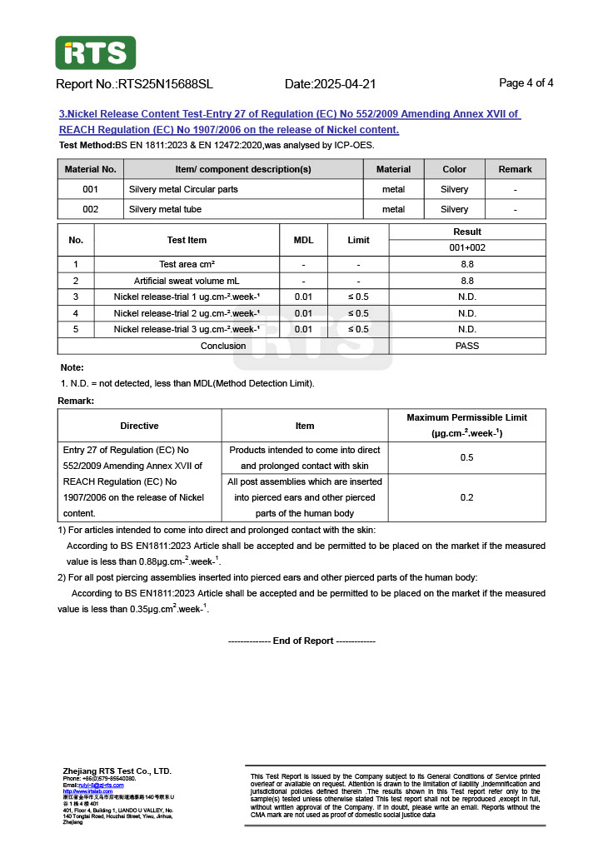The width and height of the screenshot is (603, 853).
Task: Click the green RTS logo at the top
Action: click(95, 52)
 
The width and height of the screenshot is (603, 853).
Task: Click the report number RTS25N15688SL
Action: click(166, 84)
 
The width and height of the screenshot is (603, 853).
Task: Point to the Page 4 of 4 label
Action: click(526, 83)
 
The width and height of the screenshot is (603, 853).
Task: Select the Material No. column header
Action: click(90, 169)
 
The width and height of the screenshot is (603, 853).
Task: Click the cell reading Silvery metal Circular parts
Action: click(183, 189)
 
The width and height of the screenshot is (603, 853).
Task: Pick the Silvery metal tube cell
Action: click(165, 209)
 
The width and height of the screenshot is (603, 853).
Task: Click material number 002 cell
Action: click(90, 209)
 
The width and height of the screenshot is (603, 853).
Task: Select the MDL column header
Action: click(303, 240)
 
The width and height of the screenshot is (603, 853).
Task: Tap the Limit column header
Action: click(358, 240)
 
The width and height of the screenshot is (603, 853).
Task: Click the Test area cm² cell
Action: click(187, 264)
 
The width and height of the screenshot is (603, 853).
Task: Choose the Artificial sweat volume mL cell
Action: click(187, 281)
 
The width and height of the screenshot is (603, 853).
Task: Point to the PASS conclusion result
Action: click(467, 346)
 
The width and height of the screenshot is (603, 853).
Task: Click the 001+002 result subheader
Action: click(467, 247)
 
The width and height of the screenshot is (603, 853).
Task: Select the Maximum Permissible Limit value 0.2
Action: click(466, 497)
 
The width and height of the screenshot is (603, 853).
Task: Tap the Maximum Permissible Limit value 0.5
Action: click(466, 457)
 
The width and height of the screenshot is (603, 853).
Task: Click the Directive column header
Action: click(139, 426)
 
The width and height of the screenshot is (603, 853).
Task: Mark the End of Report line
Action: click(301, 641)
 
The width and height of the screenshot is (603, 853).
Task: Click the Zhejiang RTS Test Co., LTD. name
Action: click(117, 771)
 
